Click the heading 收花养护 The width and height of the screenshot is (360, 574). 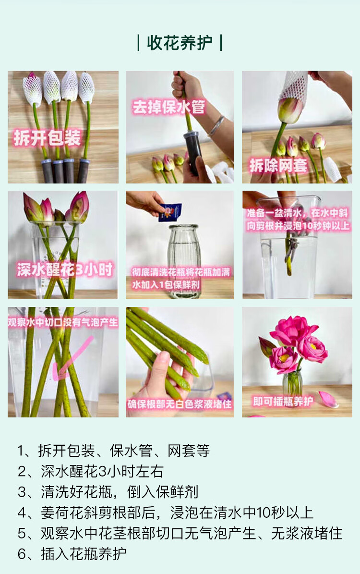[x=180, y=43]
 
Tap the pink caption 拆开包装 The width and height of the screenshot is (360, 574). [x=47, y=138]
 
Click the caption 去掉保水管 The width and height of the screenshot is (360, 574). [x=168, y=107]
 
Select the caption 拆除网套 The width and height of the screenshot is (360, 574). [x=278, y=165]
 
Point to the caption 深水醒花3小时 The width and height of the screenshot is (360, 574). [x=65, y=270]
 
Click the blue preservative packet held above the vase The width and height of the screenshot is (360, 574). [x=170, y=212]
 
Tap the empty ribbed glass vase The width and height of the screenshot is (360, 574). [x=183, y=261]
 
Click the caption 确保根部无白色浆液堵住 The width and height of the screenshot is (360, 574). [x=180, y=404]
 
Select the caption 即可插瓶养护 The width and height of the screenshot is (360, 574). [x=283, y=402]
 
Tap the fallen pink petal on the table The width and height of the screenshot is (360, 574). [x=328, y=399]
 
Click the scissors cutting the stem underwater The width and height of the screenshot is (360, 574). [x=291, y=249]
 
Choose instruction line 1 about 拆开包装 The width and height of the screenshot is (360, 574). [x=114, y=451]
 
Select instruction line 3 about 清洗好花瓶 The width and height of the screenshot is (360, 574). [x=108, y=492]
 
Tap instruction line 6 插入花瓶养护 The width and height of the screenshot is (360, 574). [x=72, y=554]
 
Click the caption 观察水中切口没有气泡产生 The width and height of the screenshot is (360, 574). [x=63, y=322]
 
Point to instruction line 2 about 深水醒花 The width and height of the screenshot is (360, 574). [x=90, y=471]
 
